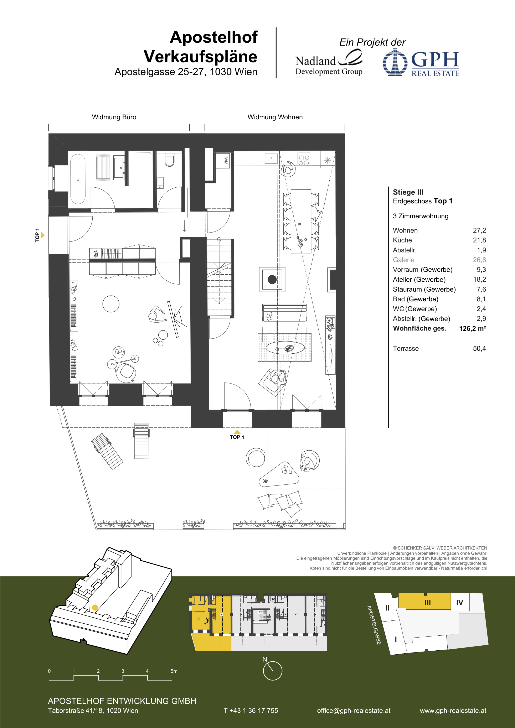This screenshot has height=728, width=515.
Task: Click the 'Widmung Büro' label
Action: (x=114, y=117)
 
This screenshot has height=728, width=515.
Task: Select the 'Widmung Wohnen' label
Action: (x=275, y=117)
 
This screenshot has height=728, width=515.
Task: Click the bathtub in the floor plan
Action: (x=78, y=179)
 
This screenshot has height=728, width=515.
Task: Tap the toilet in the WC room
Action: (x=170, y=160)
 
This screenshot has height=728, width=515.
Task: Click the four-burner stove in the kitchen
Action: (x=304, y=159)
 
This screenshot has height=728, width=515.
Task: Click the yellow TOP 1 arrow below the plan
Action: (x=237, y=432)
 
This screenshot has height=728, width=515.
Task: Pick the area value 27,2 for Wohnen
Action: (x=479, y=230)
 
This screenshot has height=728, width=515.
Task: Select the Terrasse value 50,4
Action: (x=479, y=348)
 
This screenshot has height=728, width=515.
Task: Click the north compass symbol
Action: (x=272, y=671)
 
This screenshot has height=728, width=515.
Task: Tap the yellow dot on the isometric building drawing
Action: (x=95, y=608)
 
